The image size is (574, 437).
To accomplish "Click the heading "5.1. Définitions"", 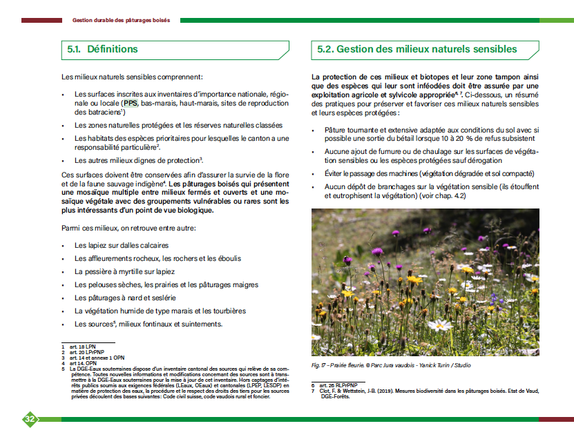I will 103,50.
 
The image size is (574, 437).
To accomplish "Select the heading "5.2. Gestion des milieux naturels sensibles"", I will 417,50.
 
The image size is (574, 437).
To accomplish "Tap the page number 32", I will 30,419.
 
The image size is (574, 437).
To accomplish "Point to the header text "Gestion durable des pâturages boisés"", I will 121,20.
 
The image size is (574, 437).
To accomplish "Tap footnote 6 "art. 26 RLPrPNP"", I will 338,385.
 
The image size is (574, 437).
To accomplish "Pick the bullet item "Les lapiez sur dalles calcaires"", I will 122,245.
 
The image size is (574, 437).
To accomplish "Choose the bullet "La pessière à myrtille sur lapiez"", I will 124,271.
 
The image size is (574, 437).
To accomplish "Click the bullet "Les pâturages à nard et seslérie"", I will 125,298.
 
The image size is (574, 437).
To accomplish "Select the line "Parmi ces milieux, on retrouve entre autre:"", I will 128,228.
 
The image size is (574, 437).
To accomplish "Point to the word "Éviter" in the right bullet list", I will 336,173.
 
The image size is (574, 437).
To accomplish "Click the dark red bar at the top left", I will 41,20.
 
